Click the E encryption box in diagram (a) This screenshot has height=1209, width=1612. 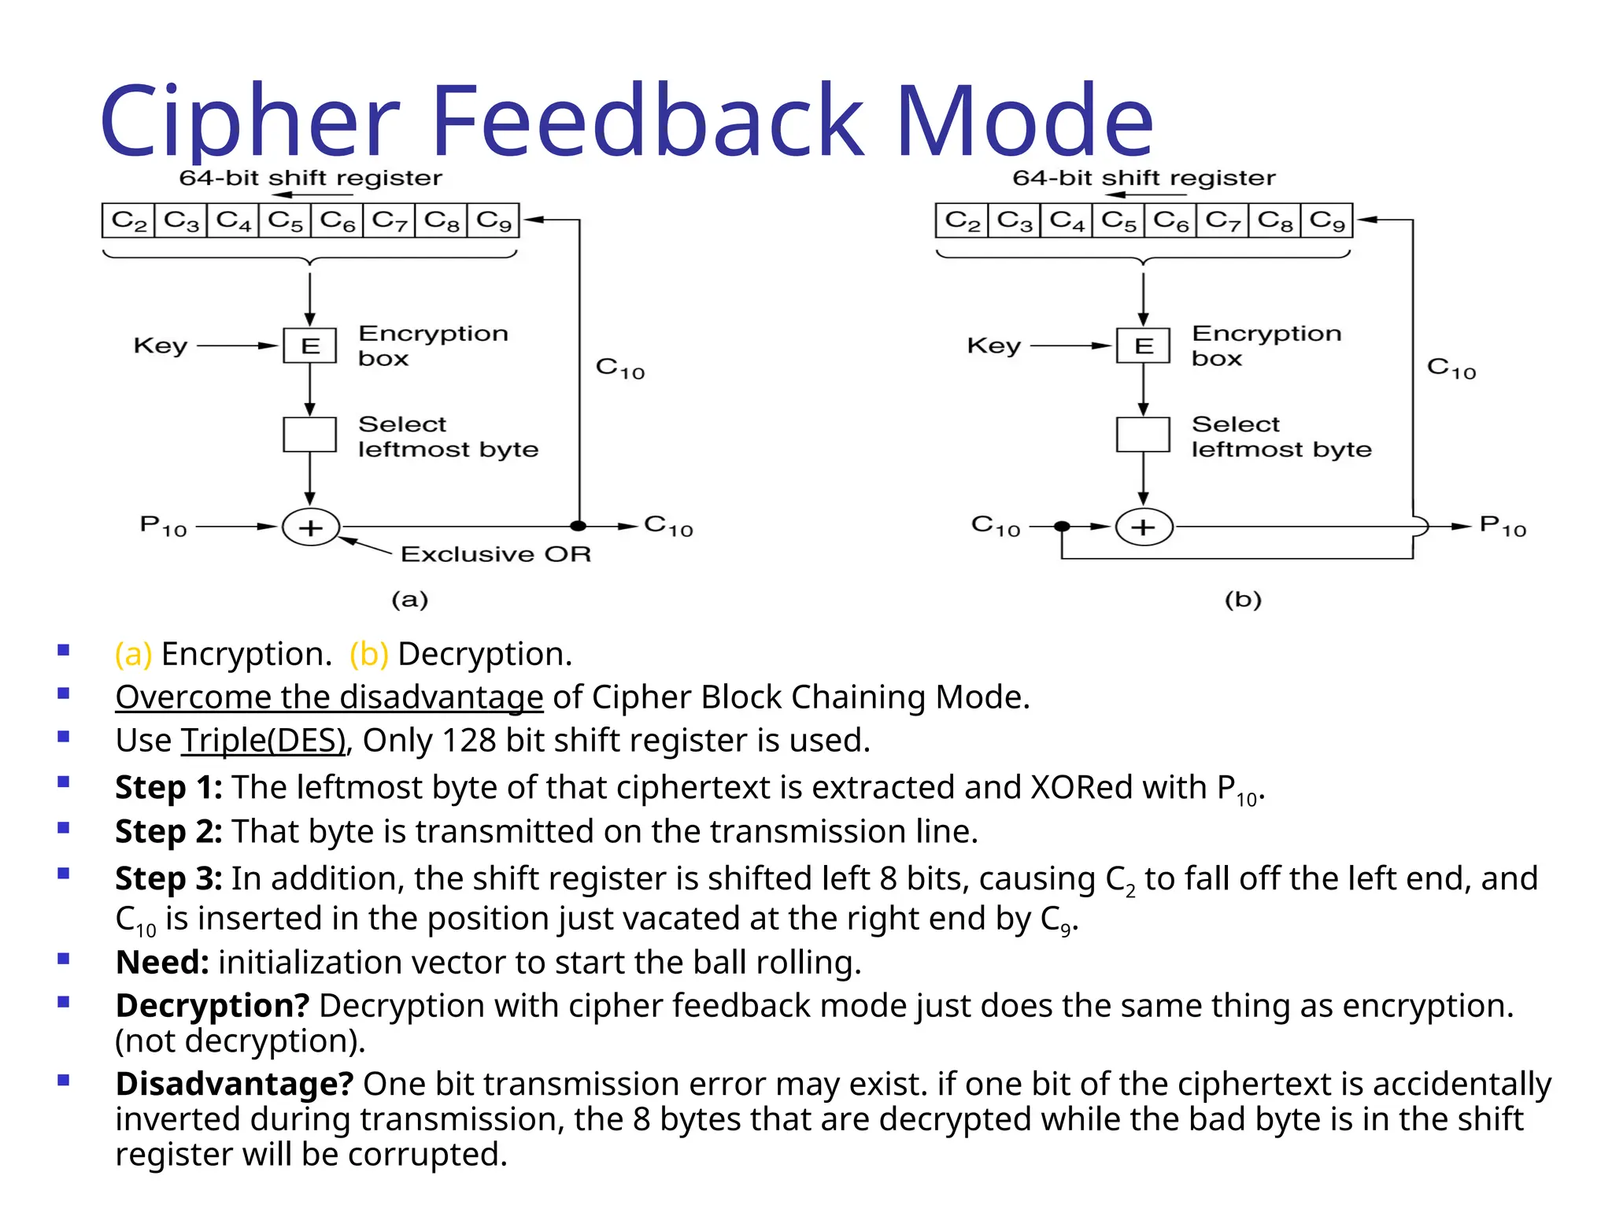(x=309, y=346)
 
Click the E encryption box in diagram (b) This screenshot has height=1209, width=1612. (x=1143, y=346)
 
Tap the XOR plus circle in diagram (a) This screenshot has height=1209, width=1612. (x=311, y=527)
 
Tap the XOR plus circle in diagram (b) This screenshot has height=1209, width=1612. (x=1144, y=527)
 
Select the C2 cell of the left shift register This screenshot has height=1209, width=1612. (x=128, y=220)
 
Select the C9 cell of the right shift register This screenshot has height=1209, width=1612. (x=1326, y=220)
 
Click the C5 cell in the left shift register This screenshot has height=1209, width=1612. (x=284, y=220)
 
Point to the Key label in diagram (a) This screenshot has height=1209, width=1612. (x=161, y=346)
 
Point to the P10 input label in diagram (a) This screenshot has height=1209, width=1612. (x=163, y=526)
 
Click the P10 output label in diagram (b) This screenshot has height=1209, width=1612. (x=1503, y=526)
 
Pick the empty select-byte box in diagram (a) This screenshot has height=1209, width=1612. (x=309, y=434)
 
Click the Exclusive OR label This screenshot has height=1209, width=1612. (x=495, y=554)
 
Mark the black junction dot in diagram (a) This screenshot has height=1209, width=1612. (x=579, y=526)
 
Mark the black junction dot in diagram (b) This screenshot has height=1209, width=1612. (x=1062, y=526)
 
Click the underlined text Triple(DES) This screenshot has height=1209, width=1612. (x=264, y=741)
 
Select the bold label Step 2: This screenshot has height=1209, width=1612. (x=168, y=832)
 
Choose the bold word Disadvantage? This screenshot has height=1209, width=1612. (x=234, y=1084)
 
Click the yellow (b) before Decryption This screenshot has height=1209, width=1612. (x=369, y=654)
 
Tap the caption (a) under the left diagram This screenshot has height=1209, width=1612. (x=409, y=600)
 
